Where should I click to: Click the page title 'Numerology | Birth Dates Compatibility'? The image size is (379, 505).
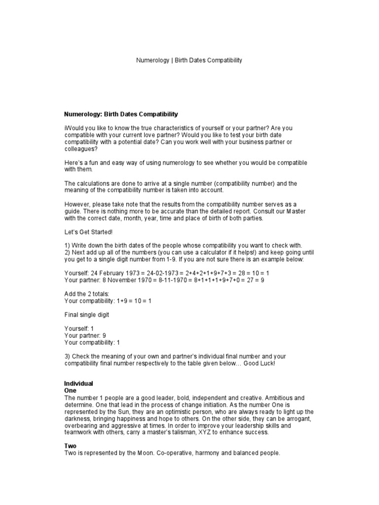pos(189,60)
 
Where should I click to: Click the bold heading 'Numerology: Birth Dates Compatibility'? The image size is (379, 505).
pos(121,114)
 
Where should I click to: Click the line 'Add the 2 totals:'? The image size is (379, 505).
pos(87,293)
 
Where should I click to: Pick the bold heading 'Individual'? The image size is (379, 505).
pos(79,383)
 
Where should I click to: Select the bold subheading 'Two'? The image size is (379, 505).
pos(70,445)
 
